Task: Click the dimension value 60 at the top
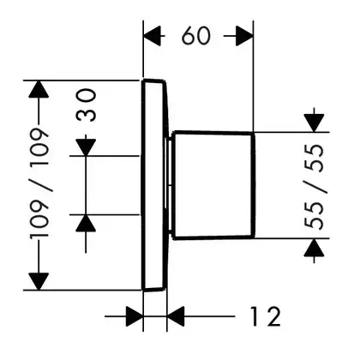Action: coord(196,36)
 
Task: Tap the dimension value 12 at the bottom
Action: coord(265,316)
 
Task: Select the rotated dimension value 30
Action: coord(87,105)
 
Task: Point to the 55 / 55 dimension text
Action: coord(314,186)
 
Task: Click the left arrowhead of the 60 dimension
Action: coord(153,36)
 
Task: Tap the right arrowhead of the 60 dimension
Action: coord(244,36)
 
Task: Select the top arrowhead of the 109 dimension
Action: coord(39,90)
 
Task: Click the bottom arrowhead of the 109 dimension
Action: coord(39,282)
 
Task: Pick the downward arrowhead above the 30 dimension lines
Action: coord(86,147)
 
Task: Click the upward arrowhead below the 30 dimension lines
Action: coord(86,223)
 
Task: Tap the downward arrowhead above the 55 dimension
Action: coord(314,123)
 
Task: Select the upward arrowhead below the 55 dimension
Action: coord(314,248)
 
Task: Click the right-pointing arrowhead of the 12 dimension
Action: coord(135,316)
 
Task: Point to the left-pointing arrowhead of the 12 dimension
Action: coord(176,316)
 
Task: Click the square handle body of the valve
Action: coord(213,185)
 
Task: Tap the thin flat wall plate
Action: coord(154,185)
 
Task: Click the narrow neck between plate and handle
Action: coord(170,185)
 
